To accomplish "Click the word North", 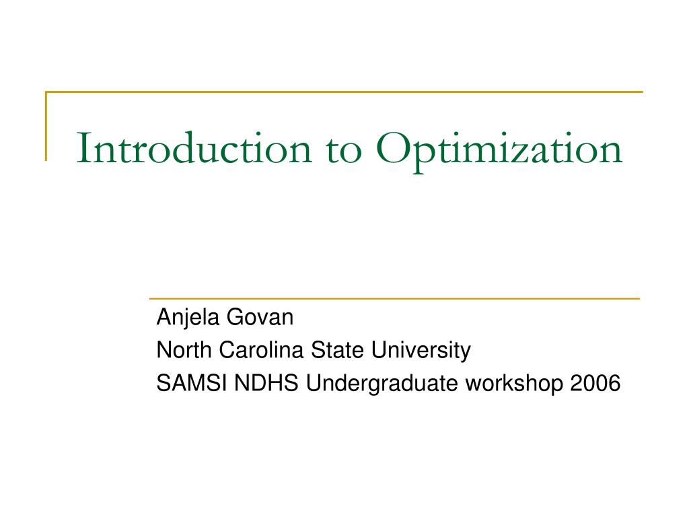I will (178, 350).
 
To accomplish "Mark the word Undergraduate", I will (383, 384).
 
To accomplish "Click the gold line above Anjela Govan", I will (394, 298).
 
